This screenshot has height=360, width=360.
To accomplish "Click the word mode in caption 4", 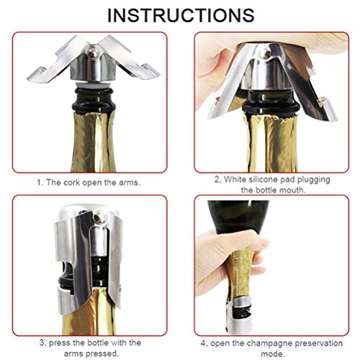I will coord(276,354).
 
